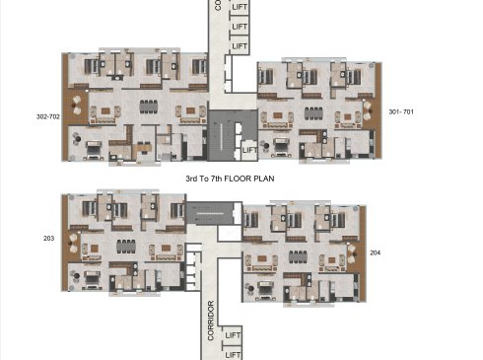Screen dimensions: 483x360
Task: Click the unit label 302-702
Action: [48, 116]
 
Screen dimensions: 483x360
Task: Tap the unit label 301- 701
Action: [401, 111]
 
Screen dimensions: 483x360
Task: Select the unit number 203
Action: [48, 238]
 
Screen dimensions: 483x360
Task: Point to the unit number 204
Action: [376, 252]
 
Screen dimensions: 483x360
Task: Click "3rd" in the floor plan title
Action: [191, 179]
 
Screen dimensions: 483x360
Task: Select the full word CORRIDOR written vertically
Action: [211, 321]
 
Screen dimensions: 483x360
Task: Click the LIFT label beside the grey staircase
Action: [249, 150]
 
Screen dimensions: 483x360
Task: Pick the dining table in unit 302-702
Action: [149, 107]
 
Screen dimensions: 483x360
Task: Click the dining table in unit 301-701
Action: [313, 113]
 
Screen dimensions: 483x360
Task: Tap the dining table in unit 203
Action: [126, 247]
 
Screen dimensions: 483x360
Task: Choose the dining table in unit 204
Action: [298, 256]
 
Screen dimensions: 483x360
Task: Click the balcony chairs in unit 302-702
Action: [77, 106]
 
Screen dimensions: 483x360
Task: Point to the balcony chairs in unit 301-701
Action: [367, 111]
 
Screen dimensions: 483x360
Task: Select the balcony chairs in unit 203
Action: [74, 244]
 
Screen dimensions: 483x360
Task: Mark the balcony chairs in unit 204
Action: [351, 253]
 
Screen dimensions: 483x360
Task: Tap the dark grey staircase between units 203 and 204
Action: [209, 213]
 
